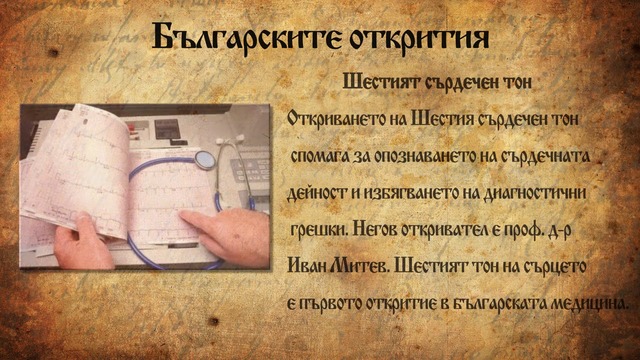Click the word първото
tap(334, 302)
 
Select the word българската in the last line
tap(496, 302)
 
